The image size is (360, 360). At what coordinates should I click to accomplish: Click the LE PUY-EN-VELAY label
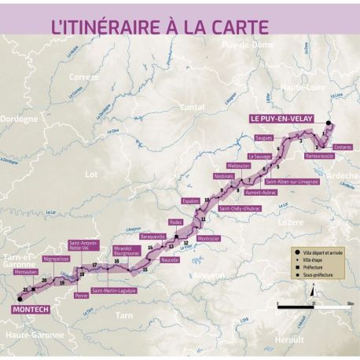point(281,119)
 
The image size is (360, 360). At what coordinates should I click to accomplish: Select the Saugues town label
point(264,137)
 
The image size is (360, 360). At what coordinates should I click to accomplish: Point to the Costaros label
point(343,147)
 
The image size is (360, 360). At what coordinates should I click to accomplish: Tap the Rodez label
point(176,222)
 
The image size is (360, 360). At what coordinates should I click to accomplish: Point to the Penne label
point(81,295)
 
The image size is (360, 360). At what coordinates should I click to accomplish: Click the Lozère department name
point(285,222)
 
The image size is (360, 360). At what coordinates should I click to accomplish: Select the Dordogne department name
point(20,119)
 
